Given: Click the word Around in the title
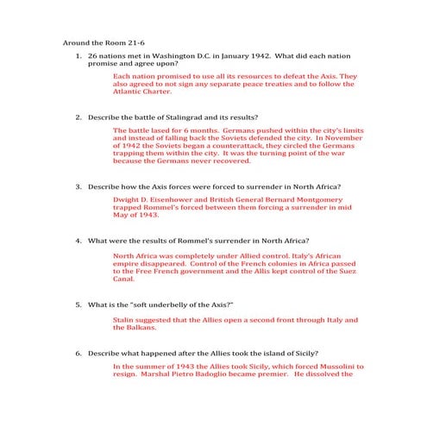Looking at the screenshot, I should [x=77, y=41].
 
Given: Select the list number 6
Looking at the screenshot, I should [x=78, y=353].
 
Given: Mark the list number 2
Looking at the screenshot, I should [x=78, y=117].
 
